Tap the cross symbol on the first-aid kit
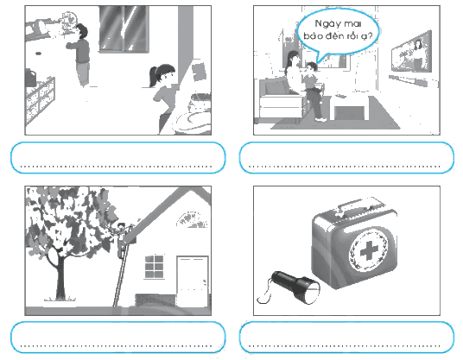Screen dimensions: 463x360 point(369,251)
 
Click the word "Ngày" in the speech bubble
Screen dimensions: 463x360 point(326,23)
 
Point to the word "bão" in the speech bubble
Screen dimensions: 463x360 point(313,36)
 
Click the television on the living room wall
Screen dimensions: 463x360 point(411,54)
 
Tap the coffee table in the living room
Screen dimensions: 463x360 point(351,107)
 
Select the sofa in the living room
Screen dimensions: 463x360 point(281,100)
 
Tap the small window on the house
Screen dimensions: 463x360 point(154,267)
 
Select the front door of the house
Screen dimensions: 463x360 point(193,281)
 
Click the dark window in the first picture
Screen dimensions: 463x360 point(124,28)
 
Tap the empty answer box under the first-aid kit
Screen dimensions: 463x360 point(346,337)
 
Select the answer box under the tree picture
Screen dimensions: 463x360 point(118,337)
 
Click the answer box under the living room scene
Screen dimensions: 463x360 point(346,158)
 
